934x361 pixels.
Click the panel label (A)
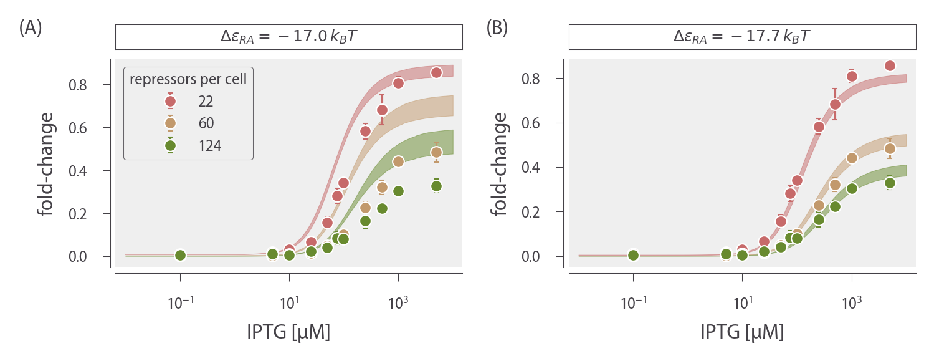pos(31,28)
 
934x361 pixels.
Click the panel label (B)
pos(496,28)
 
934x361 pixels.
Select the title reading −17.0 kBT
pos(288,37)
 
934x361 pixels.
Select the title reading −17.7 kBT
pos(742,37)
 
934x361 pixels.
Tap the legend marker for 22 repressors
pos(170,101)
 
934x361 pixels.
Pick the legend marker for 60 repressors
pos(170,123)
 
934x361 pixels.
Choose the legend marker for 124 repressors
pos(170,145)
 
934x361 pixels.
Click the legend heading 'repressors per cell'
pos(188,80)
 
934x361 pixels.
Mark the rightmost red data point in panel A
pos(436,72)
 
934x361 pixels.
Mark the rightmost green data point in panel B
pos(890,183)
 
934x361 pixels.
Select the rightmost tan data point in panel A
pos(436,152)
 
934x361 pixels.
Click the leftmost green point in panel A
pos(180,255)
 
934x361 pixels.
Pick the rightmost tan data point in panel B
pos(890,148)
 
